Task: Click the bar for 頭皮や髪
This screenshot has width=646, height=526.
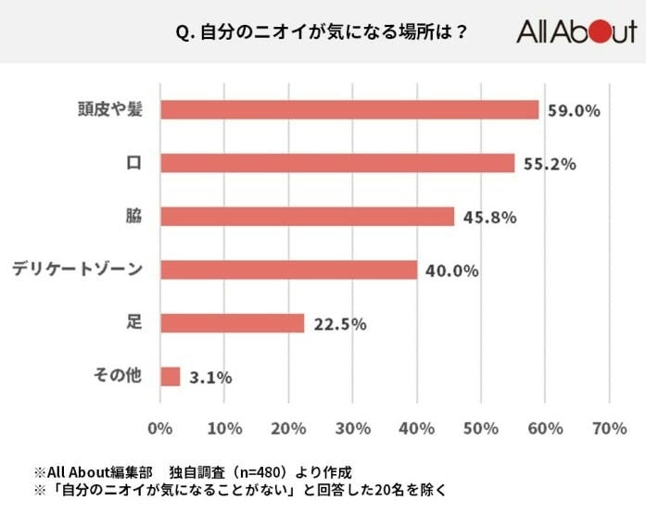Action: [x=349, y=109]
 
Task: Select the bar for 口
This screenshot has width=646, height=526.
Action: [x=337, y=163]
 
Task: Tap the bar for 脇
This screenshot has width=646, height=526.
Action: [x=308, y=217]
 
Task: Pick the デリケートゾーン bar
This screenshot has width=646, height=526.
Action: [x=289, y=269]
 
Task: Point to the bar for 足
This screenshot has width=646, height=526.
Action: [x=233, y=323]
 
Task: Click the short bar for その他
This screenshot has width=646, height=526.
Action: [x=171, y=376]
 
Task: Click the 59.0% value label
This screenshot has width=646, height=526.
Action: [x=574, y=110]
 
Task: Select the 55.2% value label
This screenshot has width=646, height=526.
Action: [x=550, y=164]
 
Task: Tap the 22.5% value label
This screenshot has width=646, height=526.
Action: [x=340, y=324]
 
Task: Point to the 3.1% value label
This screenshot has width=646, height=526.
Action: [x=209, y=377]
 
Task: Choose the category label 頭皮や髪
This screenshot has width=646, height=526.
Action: [x=109, y=109]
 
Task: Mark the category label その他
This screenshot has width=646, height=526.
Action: [x=118, y=376]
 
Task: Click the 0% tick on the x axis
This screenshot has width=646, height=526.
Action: [x=160, y=429]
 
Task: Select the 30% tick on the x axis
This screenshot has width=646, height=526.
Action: [x=352, y=429]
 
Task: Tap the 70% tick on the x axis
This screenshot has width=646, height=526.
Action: [x=608, y=429]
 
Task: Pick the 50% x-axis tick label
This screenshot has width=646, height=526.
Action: [x=480, y=429]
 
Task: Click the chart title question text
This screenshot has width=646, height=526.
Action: [x=321, y=32]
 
